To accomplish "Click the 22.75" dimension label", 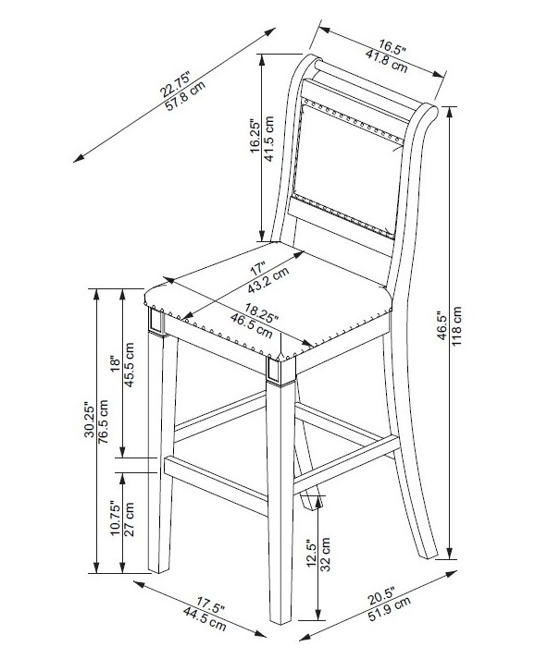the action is tap(175, 84).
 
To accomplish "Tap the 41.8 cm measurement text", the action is tap(386, 61).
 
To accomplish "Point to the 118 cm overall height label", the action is tap(456, 326).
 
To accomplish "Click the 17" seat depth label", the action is tap(258, 267).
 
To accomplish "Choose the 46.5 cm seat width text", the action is tap(251, 324).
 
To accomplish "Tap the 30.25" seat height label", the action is tap(89, 421).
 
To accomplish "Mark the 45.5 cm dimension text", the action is tap(129, 365).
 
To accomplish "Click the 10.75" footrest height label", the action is tap(116, 518).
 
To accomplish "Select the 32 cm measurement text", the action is tap(325, 555).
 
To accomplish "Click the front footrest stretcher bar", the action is tap(216, 484).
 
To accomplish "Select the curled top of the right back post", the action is tap(428, 112).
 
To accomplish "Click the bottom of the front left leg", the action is tap(159, 567).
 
